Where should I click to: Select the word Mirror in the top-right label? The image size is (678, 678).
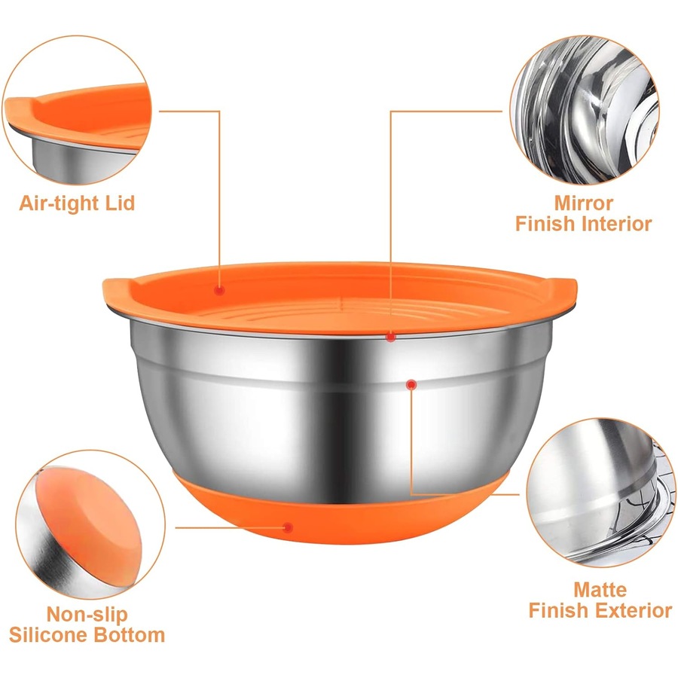(583, 203)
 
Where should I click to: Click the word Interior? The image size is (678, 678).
(614, 224)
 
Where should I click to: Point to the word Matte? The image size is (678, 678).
(600, 589)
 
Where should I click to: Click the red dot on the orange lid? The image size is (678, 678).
(219, 289)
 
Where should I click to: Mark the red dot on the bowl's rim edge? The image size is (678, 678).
(391, 337)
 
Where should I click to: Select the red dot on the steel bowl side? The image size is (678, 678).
(411, 385)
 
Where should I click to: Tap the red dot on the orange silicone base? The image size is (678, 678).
(288, 527)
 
